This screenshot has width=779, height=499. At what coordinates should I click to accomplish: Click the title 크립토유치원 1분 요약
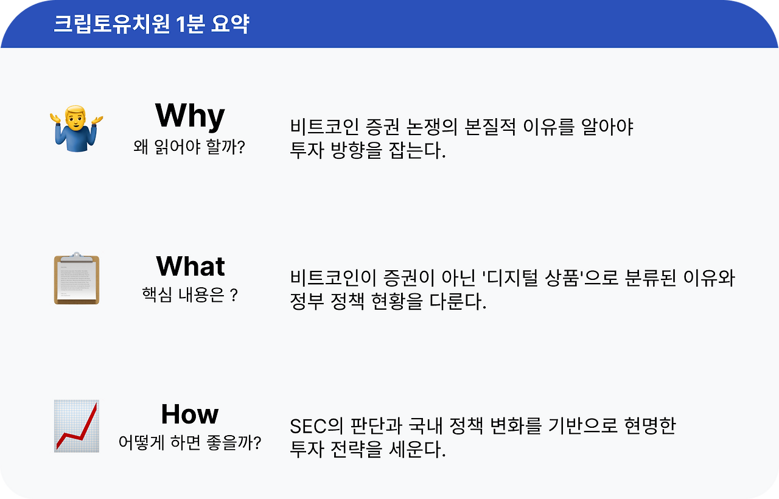152,24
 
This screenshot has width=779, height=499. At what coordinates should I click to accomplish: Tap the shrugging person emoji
77,128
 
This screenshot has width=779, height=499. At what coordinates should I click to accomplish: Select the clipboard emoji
77,279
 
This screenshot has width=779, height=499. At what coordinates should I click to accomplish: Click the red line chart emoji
77,426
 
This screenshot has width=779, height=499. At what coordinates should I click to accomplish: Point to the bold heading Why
190,116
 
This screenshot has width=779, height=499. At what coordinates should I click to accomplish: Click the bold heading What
190,266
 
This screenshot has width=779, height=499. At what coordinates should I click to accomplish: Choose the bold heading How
190,414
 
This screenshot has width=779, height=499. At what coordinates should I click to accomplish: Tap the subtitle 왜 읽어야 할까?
189,147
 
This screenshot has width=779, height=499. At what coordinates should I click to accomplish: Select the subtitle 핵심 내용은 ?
190,295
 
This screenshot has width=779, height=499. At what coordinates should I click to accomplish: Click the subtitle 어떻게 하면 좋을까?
190,442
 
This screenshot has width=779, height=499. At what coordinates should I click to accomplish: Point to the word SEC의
316,426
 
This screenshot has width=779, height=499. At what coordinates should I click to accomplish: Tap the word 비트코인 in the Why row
324,127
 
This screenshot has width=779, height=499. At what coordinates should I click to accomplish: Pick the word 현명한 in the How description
649,426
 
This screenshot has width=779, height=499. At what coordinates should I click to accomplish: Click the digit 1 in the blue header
180,24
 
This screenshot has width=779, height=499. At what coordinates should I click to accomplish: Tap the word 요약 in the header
230,24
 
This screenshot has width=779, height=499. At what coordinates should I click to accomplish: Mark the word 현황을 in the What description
397,301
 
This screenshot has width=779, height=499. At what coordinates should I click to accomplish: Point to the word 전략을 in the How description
356,449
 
